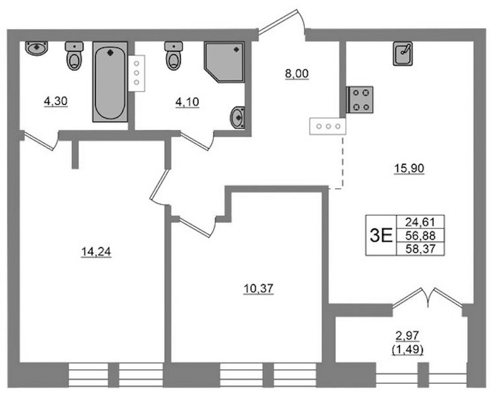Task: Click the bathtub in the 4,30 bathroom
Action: pyautogui.click(x=110, y=82)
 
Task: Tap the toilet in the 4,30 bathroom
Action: pyautogui.click(x=75, y=55)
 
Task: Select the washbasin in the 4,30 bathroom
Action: pyautogui.click(x=36, y=48)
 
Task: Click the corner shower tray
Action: pyautogui.click(x=224, y=62)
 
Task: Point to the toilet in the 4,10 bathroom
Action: pyautogui.click(x=174, y=55)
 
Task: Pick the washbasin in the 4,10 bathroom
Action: pyautogui.click(x=238, y=117)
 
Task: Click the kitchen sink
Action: pyautogui.click(x=403, y=53)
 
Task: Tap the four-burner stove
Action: pyautogui.click(x=360, y=100)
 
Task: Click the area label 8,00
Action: pyautogui.click(x=297, y=74)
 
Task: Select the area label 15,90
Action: pyautogui.click(x=409, y=169)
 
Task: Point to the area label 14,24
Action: pyautogui.click(x=96, y=252)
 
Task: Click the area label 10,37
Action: pyautogui.click(x=259, y=288)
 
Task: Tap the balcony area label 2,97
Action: pyautogui.click(x=407, y=336)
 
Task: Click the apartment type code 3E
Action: pyautogui.click(x=381, y=236)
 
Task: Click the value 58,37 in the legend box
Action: pyautogui.click(x=420, y=249)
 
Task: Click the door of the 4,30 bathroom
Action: pyautogui.click(x=41, y=141)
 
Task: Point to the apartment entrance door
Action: pyautogui.click(x=282, y=21)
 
